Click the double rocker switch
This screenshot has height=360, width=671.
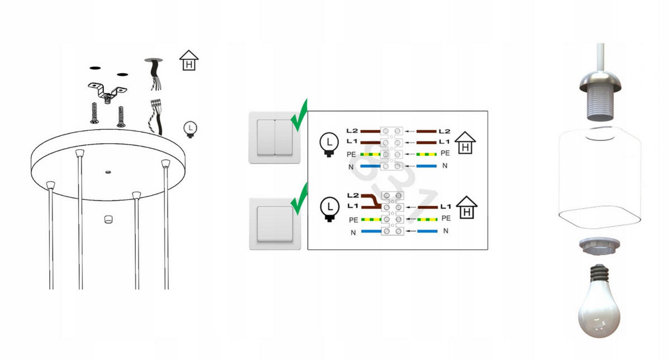pyautogui.click(x=275, y=136)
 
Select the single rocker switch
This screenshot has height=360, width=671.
pyautogui.click(x=275, y=222)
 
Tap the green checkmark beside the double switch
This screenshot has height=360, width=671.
pyautogui.click(x=300, y=114)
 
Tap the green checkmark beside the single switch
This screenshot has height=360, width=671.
pyautogui.click(x=299, y=198)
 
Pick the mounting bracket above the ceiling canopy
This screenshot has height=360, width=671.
pyautogui.click(x=108, y=89)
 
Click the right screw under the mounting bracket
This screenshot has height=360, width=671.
pyautogui.click(x=119, y=116)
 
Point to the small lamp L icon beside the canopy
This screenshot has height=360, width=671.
pyautogui.click(x=191, y=130)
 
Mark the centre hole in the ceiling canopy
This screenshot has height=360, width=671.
pyautogui.click(x=108, y=169)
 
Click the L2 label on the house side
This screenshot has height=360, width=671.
pyautogui.click(x=445, y=131)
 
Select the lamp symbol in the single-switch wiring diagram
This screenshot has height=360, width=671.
pyautogui.click(x=329, y=209)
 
